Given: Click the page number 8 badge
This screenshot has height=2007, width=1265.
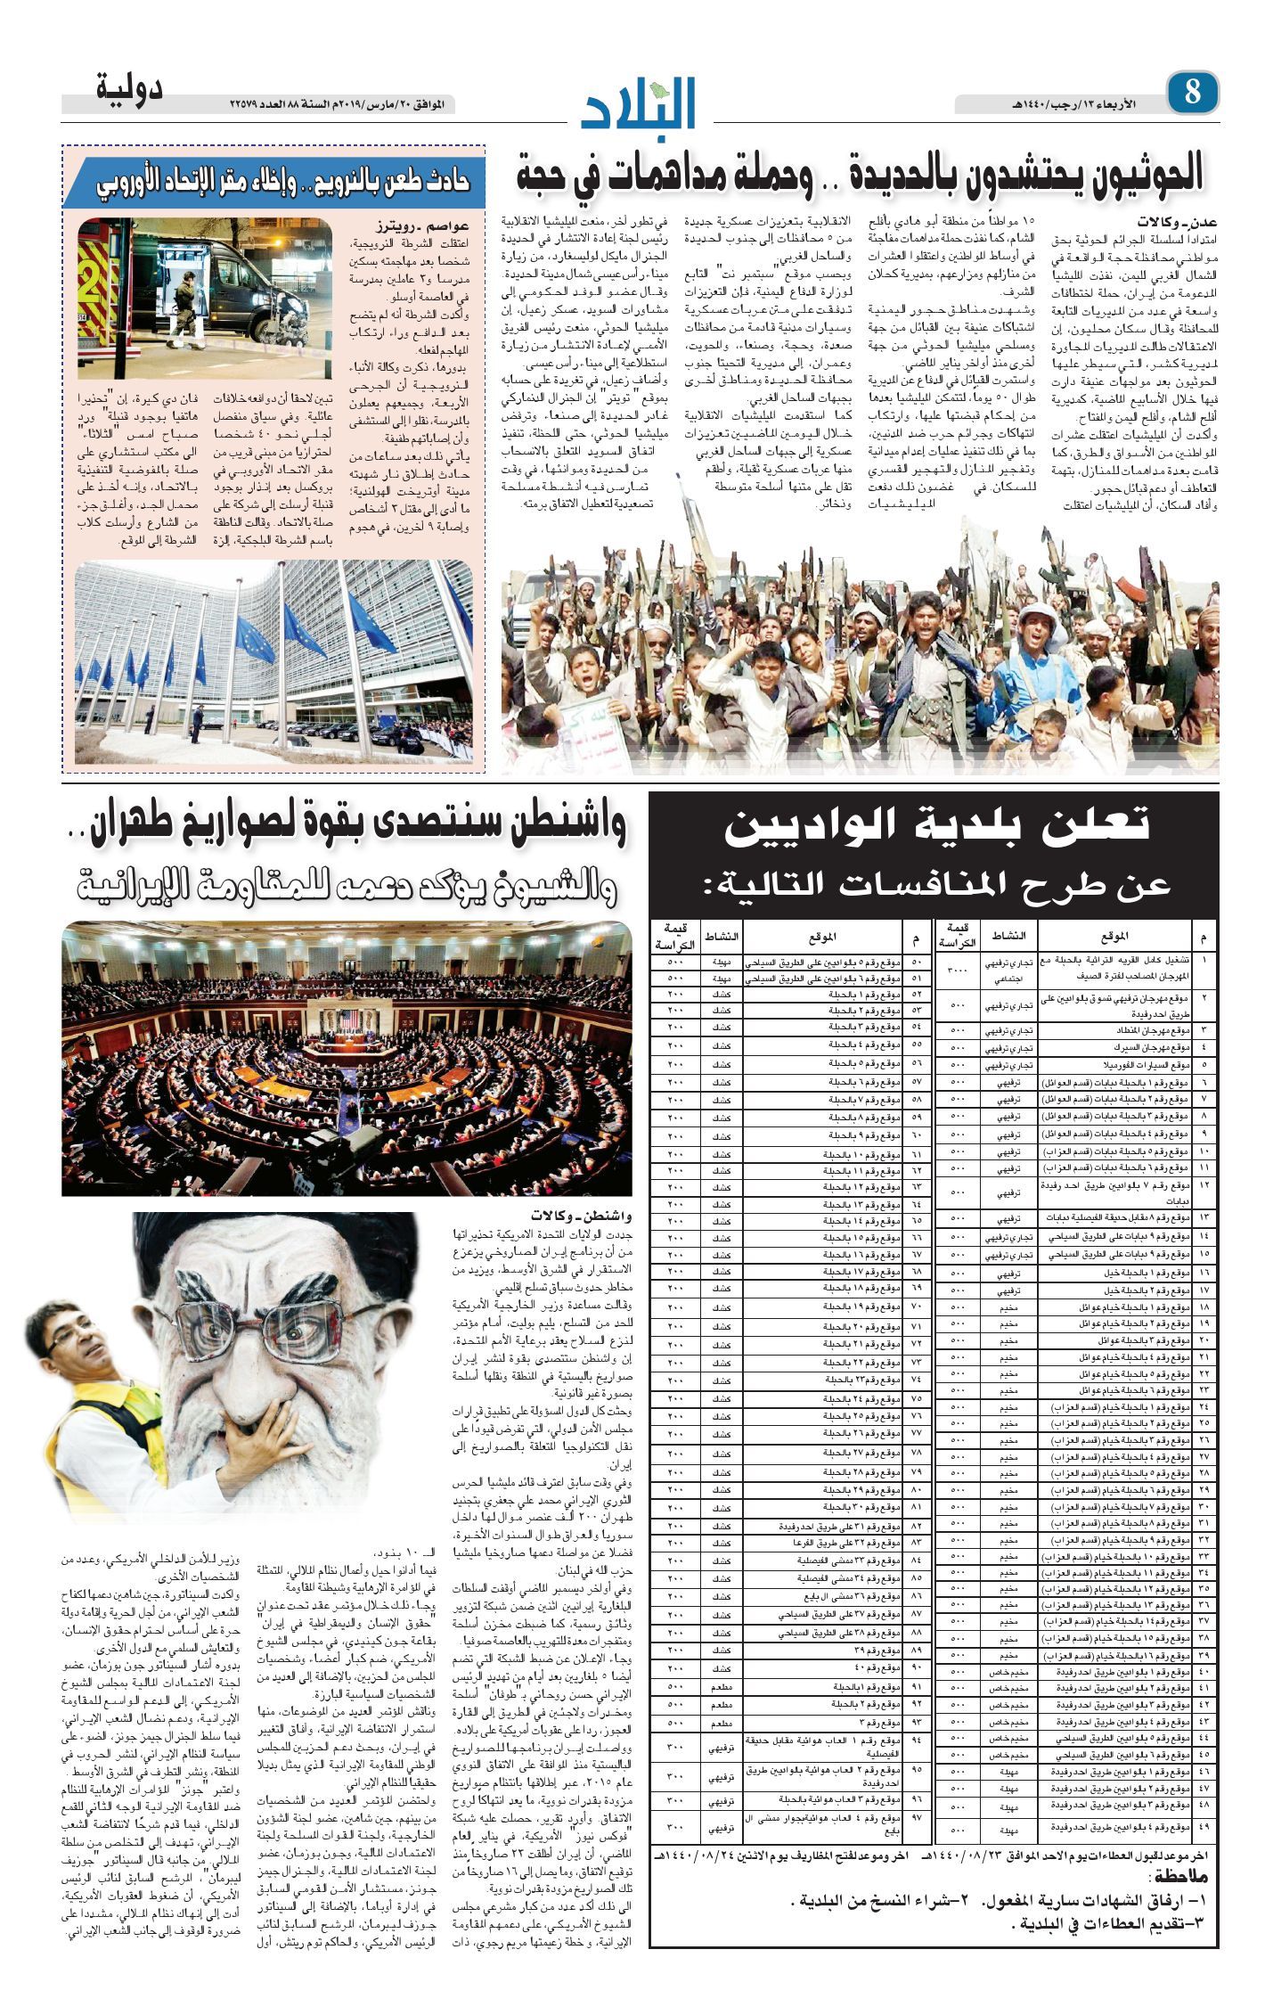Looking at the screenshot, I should pos(1192,92).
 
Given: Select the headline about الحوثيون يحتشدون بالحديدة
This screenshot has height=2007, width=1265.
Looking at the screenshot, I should pos(860,175).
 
